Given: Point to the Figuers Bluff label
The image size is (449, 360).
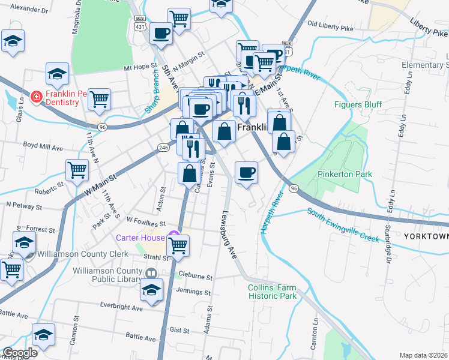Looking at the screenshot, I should click(358, 104).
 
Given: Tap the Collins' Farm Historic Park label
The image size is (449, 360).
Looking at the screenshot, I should click(272, 292).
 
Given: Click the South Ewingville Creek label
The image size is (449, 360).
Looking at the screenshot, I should click(343, 225).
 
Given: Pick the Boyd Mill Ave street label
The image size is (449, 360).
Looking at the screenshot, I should click(43, 146).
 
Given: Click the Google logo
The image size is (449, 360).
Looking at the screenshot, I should click(20, 353).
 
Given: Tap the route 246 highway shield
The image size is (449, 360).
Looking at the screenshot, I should click(163, 147).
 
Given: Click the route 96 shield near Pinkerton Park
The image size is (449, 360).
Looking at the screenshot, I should click(293, 188).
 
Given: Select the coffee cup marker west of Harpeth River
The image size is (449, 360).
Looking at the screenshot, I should click(246, 173).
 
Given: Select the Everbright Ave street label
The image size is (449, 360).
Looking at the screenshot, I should click(122, 308).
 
